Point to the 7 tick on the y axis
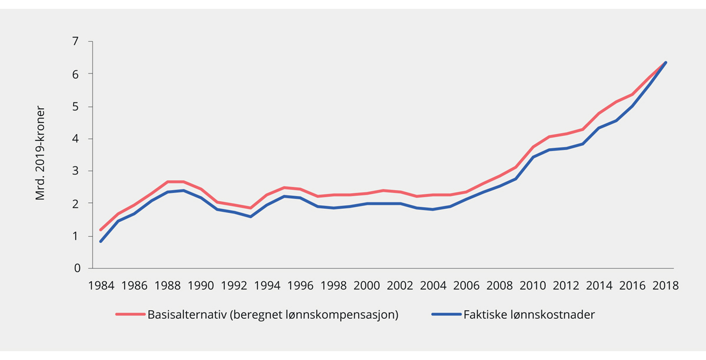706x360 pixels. tap(75, 42)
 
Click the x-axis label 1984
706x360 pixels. tap(101, 286)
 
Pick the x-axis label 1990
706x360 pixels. tap(201, 286)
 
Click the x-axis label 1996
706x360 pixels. tap(300, 286)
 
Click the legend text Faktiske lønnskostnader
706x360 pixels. tap(528, 315)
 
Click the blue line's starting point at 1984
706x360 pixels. tap(101, 241)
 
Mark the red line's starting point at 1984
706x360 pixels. tap(101, 230)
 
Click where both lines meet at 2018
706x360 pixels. tap(665, 62)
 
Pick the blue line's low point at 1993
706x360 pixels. tap(250, 216)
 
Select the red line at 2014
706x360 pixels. tap(599, 113)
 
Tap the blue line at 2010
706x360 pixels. tap(532, 157)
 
